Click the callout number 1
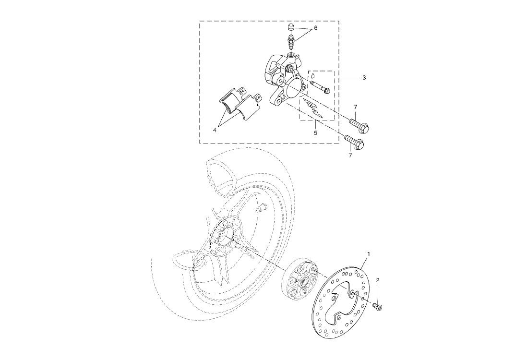369,252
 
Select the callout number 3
364,77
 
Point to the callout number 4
215,129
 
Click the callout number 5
315,132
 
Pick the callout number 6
315,28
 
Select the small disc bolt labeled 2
377,306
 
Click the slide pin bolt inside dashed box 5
319,88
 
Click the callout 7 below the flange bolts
350,156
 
